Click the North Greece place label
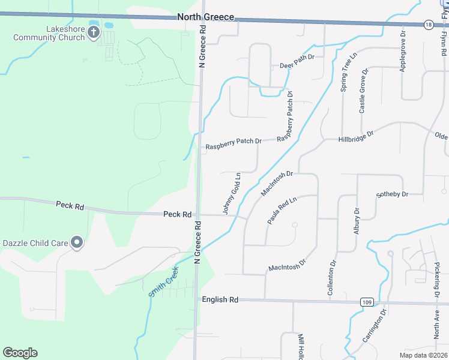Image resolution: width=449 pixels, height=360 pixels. click(x=206, y=17)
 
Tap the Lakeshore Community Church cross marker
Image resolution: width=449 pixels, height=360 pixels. click(x=94, y=32)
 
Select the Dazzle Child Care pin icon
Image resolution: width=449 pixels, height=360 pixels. click(x=77, y=242)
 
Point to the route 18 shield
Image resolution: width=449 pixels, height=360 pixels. click(x=427, y=25)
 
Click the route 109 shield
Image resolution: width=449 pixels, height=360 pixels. click(x=367, y=302)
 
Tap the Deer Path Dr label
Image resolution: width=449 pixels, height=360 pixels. click(x=297, y=65)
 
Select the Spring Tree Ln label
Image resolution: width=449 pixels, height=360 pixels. click(x=345, y=71)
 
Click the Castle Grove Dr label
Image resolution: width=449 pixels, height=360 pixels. click(x=363, y=91)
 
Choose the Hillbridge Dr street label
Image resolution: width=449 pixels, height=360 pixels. click(x=357, y=134)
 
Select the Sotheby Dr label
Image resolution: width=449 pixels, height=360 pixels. click(x=392, y=194)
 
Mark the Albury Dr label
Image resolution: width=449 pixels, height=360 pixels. click(x=357, y=221)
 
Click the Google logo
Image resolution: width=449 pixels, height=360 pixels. click(x=20, y=352)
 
